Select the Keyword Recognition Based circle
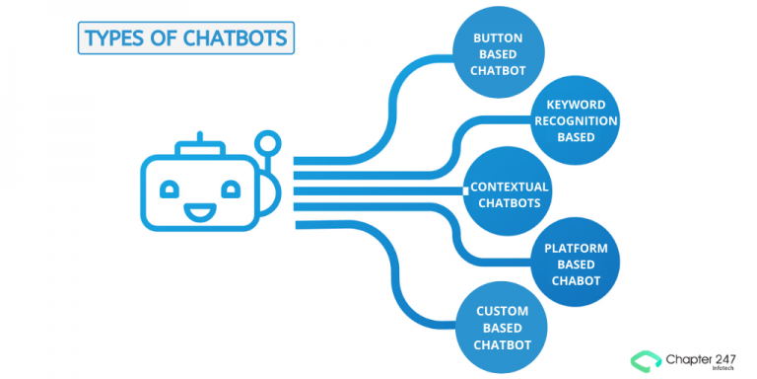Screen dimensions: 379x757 click(x=575, y=120)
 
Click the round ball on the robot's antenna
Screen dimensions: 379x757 click(x=265, y=144)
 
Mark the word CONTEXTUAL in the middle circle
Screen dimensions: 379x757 click(x=509, y=187)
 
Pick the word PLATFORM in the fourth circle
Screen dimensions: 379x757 click(x=576, y=247)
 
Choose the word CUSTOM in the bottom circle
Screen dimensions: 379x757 click(x=503, y=311)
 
